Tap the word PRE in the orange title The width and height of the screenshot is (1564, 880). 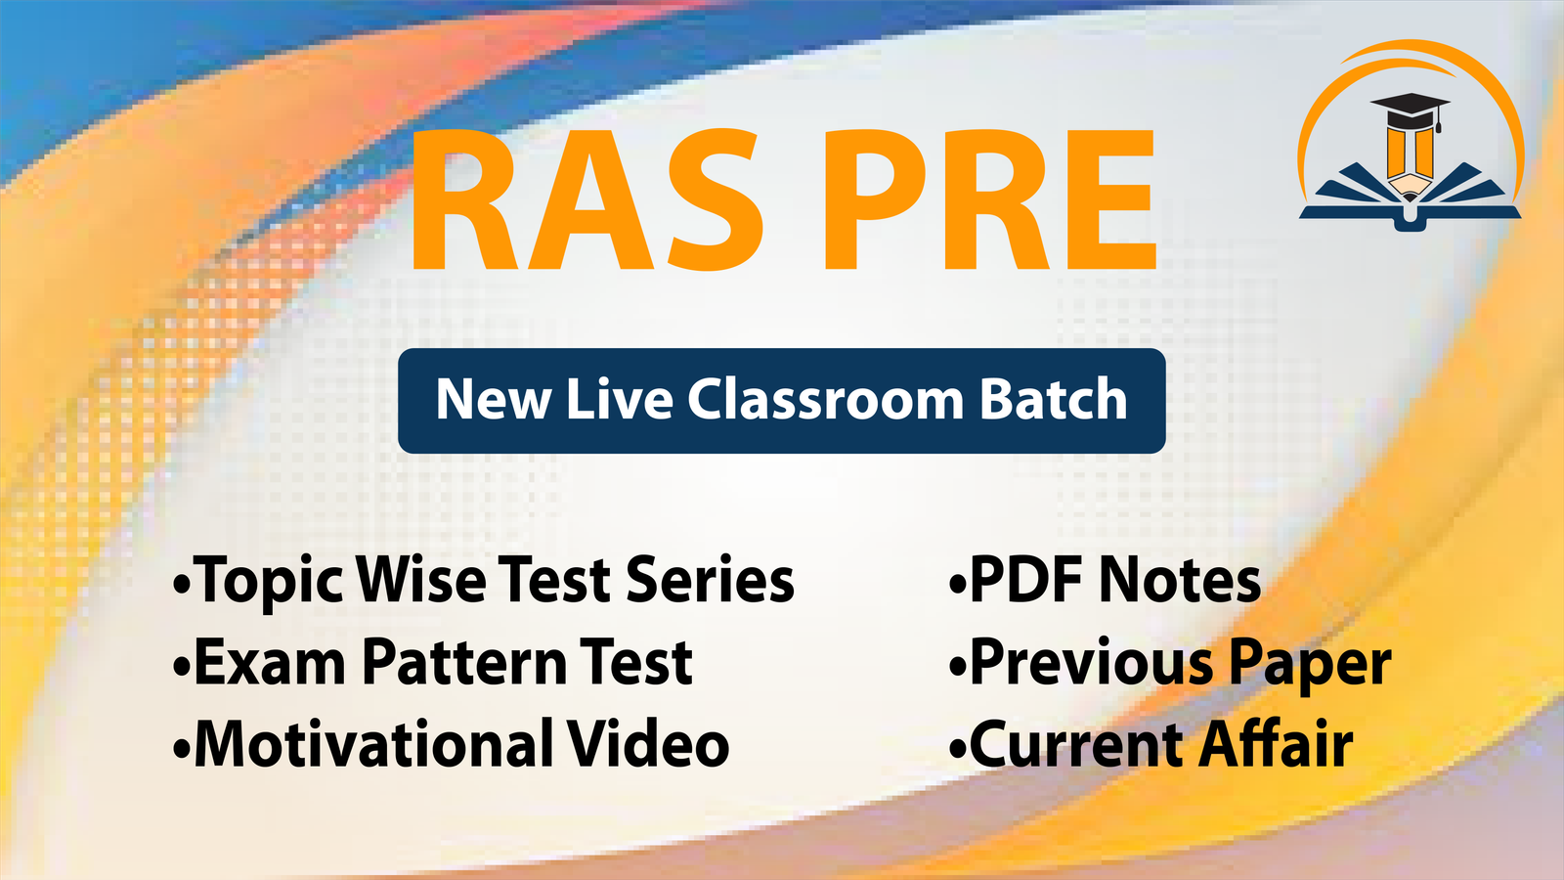990,199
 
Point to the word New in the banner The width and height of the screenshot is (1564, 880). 493,399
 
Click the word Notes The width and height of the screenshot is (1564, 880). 1179,580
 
